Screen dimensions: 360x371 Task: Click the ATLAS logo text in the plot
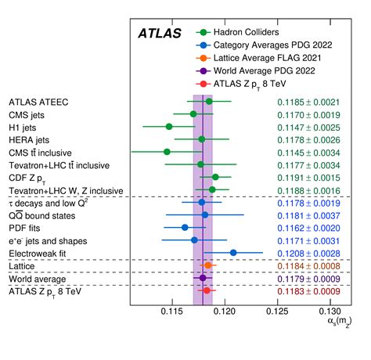coord(160,34)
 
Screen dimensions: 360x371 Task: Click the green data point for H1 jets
coord(168,126)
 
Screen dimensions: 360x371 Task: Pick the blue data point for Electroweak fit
coord(233,252)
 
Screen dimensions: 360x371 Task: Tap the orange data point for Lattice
coord(207,265)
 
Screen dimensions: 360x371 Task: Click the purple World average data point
coord(202,278)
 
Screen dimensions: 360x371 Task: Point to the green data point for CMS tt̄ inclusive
coord(167,152)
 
